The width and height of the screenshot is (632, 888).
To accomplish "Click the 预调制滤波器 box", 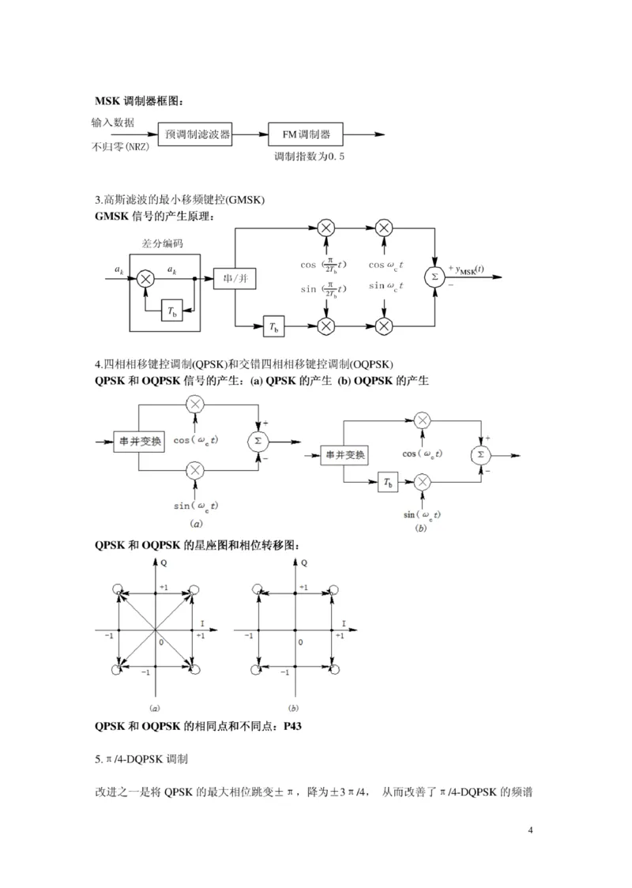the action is pos(197,134).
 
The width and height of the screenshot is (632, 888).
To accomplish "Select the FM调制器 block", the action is pos(307,134).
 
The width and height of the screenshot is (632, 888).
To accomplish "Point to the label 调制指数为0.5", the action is pos(309,157).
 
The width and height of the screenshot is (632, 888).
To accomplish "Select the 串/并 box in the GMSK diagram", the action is pos(231,280).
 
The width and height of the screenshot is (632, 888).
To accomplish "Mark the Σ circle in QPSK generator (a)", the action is pos(258,440).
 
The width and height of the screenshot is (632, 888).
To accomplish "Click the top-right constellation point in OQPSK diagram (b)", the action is pos(333,591).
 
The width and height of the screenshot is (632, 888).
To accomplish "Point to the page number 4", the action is pos(530,830).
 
